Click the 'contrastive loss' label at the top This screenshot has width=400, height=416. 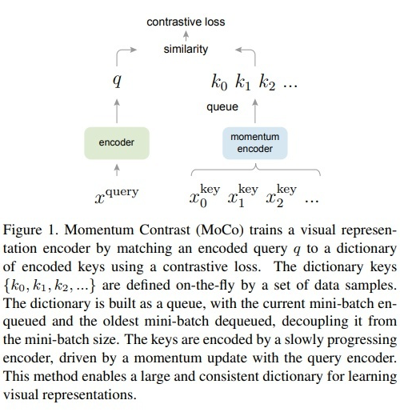tap(186, 22)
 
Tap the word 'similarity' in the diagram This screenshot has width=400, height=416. tap(186, 49)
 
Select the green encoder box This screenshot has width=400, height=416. tap(117, 142)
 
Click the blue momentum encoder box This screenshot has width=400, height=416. tap(254, 142)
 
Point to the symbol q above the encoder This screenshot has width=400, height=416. tap(117, 80)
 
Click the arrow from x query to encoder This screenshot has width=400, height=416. tap(117, 170)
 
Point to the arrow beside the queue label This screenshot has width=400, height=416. tap(254, 106)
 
